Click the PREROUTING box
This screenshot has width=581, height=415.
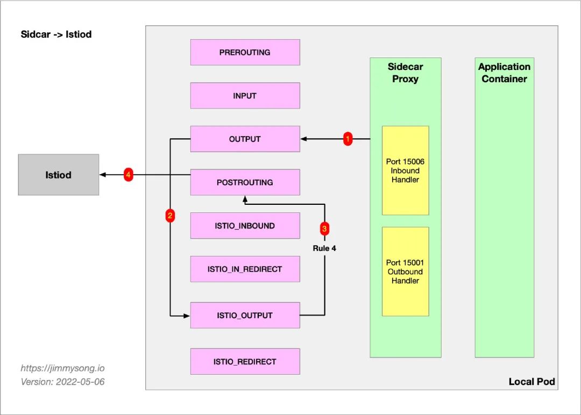point(245,53)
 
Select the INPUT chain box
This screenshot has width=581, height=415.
point(245,96)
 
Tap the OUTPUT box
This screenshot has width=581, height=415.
point(245,139)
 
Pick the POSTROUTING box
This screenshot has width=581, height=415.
point(245,182)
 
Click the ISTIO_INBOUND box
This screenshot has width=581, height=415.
point(245,226)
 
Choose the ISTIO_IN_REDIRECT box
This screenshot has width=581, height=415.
point(245,269)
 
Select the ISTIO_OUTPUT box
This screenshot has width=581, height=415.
point(245,316)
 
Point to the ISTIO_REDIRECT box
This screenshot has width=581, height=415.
point(245,362)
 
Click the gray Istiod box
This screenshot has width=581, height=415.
point(58,175)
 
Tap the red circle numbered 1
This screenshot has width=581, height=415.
point(348,139)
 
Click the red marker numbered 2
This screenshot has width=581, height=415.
point(170,216)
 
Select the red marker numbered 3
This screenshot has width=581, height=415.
point(324,228)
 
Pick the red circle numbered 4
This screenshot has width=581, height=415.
point(128,175)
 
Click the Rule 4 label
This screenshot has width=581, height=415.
point(324,249)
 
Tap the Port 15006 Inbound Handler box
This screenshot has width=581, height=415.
point(405,170)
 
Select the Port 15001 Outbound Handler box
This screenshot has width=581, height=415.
point(405,271)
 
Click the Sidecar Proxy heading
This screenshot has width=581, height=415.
point(405,73)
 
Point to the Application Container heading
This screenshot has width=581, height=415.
point(504,73)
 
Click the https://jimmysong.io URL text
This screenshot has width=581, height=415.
point(62,369)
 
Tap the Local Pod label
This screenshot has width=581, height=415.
point(532,382)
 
